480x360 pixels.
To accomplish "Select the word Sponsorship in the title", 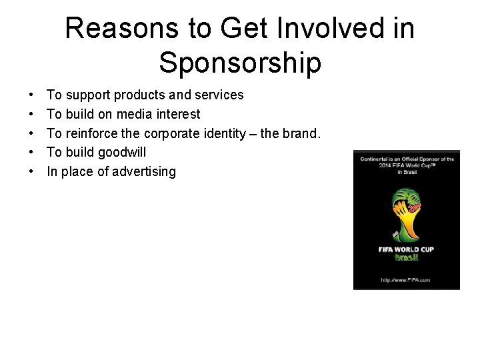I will (240, 63).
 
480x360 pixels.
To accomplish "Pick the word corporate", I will (172, 133).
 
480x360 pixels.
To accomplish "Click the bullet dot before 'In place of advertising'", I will (32, 171).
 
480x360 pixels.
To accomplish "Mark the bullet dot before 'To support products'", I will (32, 95).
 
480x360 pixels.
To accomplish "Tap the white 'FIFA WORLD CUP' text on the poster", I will (407, 249).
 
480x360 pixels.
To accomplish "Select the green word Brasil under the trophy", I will (407, 258).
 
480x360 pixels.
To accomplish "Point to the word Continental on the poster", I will (379, 159).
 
